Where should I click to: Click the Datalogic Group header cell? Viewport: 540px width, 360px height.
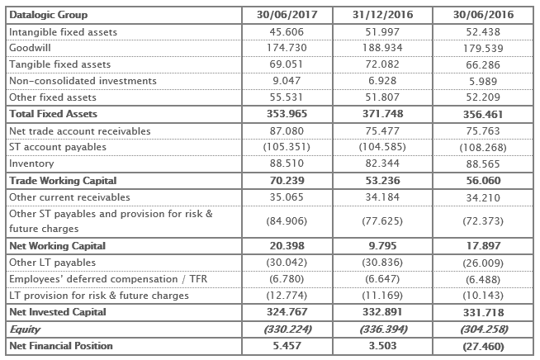(x=49, y=15)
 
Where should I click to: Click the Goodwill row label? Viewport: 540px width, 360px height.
(x=30, y=48)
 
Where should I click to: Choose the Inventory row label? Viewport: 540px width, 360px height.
(x=31, y=163)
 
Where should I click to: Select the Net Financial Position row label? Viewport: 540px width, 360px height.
(x=61, y=345)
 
